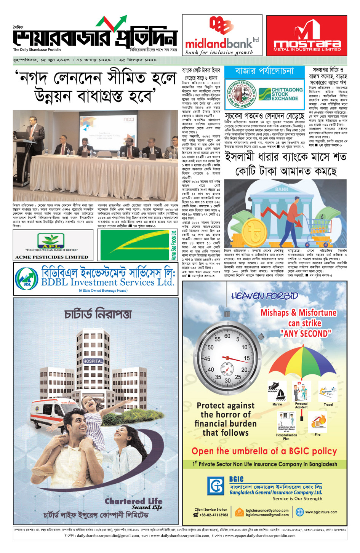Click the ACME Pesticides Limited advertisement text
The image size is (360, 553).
click(51, 257)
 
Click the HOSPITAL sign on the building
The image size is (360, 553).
click(93, 361)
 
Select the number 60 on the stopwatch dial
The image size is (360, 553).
click(227, 336)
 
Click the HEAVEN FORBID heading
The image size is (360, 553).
click(264, 296)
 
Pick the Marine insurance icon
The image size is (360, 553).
click(277, 392)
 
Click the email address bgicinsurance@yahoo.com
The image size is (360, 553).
click(267, 510)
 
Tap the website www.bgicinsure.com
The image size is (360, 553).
click(321, 512)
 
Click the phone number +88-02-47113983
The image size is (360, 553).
click(214, 515)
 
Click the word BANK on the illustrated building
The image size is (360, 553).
click(282, 189)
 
